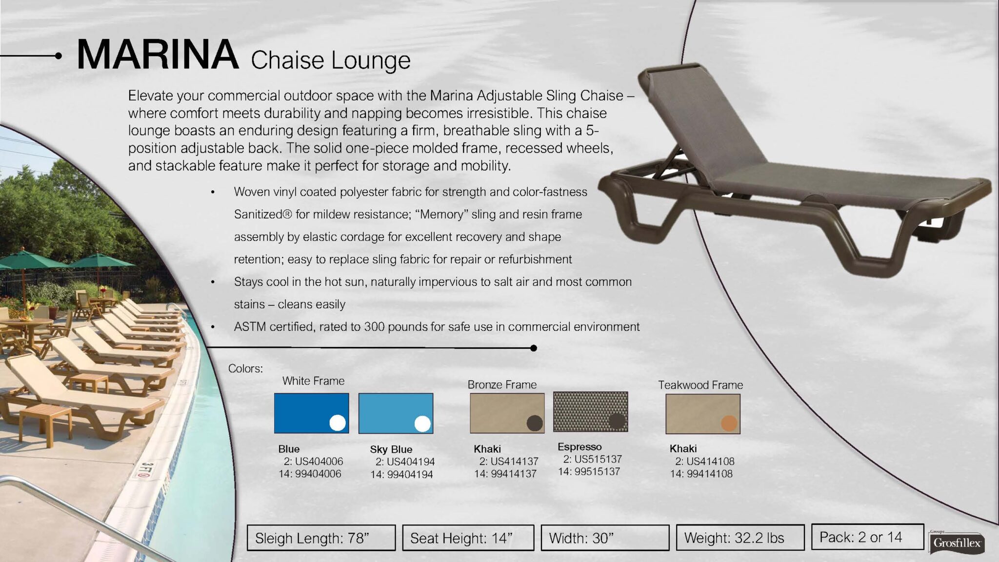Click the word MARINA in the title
[x=158, y=55]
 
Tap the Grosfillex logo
[x=957, y=542]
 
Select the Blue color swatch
[x=311, y=413]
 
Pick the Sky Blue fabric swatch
[x=396, y=413]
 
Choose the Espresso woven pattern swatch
[x=590, y=412]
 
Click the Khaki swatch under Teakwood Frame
[x=703, y=414]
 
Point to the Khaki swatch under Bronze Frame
[x=507, y=413]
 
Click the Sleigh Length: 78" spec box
[x=321, y=538]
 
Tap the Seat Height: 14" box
[x=468, y=538]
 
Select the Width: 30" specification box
[x=605, y=538]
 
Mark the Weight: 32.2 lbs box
[x=740, y=537]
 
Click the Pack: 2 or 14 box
[x=868, y=537]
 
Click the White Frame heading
[x=313, y=381]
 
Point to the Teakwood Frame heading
[x=700, y=385]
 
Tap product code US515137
[x=598, y=459]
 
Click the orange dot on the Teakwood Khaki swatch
[x=729, y=423]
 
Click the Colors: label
[x=245, y=368]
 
